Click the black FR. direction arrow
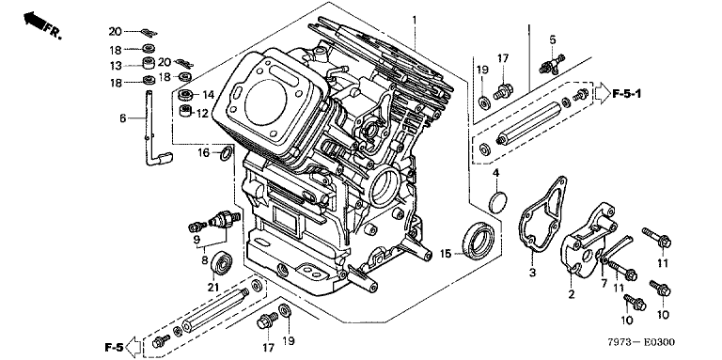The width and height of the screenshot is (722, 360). [35, 21]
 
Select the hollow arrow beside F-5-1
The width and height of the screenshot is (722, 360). [602, 93]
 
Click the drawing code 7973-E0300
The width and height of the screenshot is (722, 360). [640, 342]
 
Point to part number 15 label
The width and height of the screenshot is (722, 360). [446, 253]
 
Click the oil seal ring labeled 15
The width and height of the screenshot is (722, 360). [479, 240]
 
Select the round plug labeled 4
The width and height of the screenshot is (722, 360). [497, 202]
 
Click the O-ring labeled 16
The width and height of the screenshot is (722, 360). [226, 153]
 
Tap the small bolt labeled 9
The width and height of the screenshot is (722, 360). [197, 226]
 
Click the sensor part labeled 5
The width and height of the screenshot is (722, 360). [552, 65]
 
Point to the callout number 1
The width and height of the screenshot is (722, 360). [415, 20]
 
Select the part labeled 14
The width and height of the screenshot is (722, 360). [186, 95]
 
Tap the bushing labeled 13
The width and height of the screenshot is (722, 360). [149, 63]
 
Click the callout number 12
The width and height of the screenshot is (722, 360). [203, 113]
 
